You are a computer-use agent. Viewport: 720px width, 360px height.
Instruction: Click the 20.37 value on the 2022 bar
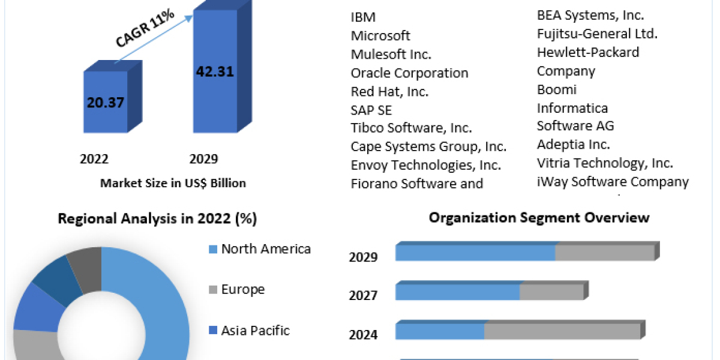pyautogui.click(x=105, y=102)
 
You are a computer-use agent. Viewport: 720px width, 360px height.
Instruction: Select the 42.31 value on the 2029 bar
pyautogui.click(x=214, y=71)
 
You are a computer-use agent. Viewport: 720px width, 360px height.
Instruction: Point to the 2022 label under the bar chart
pyautogui.click(x=94, y=159)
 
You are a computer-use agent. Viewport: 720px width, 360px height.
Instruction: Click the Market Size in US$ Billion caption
pyautogui.click(x=173, y=183)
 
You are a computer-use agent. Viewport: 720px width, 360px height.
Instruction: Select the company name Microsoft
pyautogui.click(x=380, y=35)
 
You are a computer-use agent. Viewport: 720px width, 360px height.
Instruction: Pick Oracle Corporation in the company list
pyautogui.click(x=409, y=73)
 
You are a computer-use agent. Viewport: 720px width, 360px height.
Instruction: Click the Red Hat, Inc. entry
pyautogui.click(x=389, y=91)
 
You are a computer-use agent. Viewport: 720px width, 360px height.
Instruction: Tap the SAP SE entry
pyautogui.click(x=371, y=110)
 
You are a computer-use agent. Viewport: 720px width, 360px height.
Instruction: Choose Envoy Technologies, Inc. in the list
pyautogui.click(x=425, y=164)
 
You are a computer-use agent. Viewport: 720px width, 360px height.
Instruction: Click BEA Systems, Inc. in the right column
pyautogui.click(x=590, y=16)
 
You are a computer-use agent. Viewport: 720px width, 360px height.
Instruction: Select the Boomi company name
pyautogui.click(x=556, y=89)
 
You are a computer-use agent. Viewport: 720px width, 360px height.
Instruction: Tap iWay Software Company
pyautogui.click(x=613, y=181)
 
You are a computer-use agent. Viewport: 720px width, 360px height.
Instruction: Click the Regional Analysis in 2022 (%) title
pyautogui.click(x=157, y=219)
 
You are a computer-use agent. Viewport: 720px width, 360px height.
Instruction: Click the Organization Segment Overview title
pyautogui.click(x=539, y=217)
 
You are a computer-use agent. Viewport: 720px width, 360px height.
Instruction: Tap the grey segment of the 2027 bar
pyautogui.click(x=551, y=292)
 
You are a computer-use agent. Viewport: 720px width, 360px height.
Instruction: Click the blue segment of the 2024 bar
pyautogui.click(x=440, y=331)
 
